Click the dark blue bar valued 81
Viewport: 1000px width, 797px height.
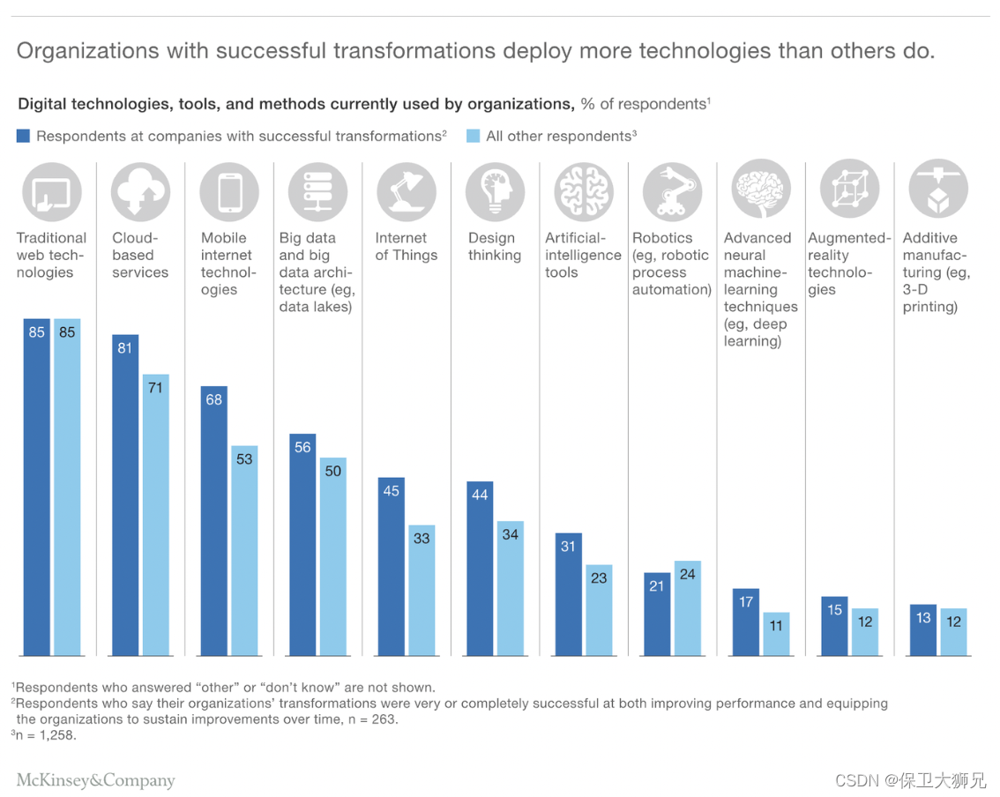(124, 495)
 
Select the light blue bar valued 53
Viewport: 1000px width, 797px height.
(244, 550)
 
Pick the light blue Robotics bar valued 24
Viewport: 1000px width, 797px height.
(688, 608)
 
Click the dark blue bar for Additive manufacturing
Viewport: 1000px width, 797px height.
(923, 629)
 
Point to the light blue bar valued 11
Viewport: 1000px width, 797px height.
(776, 634)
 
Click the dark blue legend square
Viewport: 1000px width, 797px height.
(24, 136)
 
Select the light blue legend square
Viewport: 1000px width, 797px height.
(474, 136)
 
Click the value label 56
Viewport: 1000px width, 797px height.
(302, 448)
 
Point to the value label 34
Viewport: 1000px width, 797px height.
(510, 534)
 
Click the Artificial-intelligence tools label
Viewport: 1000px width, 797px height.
(583, 255)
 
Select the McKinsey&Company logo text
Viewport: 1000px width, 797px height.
(96, 780)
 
